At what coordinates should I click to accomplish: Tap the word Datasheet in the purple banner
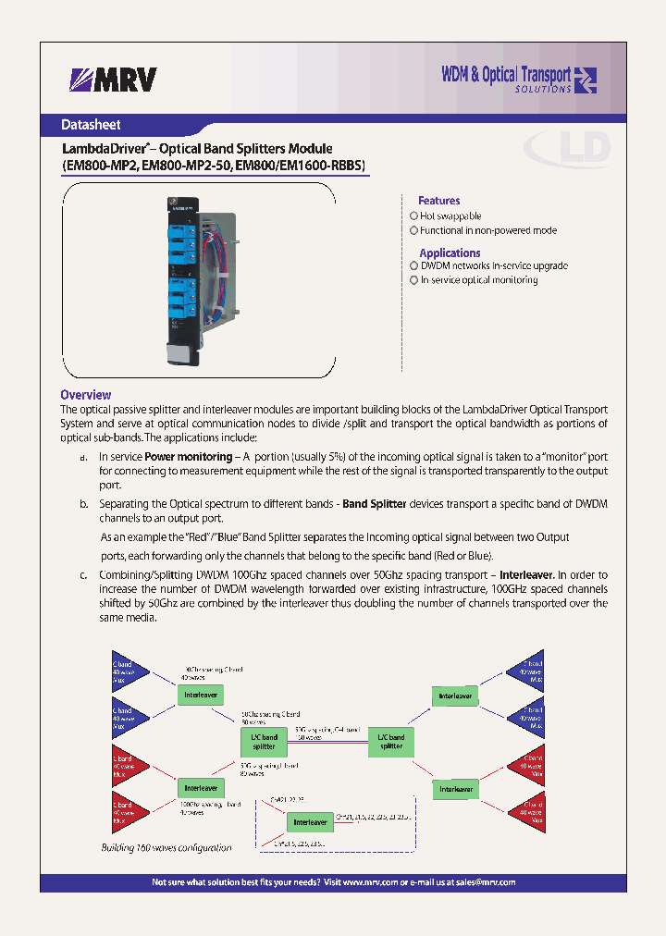[x=91, y=125]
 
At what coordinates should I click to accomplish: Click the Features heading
[x=438, y=201]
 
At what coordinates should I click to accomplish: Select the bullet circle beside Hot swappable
[x=414, y=216]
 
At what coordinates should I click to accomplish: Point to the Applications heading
[x=450, y=252]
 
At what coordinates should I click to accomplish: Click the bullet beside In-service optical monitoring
[x=414, y=280]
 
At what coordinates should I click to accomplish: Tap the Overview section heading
[x=86, y=395]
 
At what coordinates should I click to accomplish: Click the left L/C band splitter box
[x=264, y=741]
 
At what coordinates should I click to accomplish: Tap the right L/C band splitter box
[x=391, y=741]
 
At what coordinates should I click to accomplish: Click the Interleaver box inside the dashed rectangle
[x=310, y=821]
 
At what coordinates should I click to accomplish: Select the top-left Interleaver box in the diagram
[x=201, y=694]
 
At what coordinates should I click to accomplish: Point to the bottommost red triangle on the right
[x=524, y=811]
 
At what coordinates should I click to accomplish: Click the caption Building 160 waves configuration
[x=166, y=847]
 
